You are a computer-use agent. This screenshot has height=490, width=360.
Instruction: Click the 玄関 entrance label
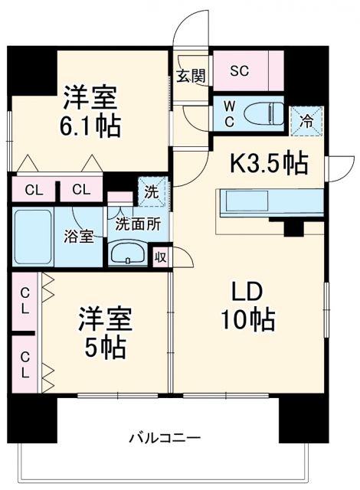pos(191,76)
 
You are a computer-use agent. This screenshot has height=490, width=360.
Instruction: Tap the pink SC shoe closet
pos(240,71)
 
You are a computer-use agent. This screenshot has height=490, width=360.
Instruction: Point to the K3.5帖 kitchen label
pos(270,162)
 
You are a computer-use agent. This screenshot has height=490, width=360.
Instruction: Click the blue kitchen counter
pos(267,204)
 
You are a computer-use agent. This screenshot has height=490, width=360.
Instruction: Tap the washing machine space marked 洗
pos(152,191)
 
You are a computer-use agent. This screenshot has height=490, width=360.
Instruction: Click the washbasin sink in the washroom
pos(128,253)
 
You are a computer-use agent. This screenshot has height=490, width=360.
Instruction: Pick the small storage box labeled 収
pos(162,256)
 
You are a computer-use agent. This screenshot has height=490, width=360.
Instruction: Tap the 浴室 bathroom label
pos(78,237)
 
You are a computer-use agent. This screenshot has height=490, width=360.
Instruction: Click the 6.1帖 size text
pos(90,126)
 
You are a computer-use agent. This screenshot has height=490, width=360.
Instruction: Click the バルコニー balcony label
pos(163,438)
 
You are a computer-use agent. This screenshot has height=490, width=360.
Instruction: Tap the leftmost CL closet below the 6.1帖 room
pos(32,189)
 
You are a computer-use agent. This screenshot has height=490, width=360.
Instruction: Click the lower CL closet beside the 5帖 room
pos(25,365)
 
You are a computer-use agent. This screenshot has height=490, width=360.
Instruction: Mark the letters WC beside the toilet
pos(229,112)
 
